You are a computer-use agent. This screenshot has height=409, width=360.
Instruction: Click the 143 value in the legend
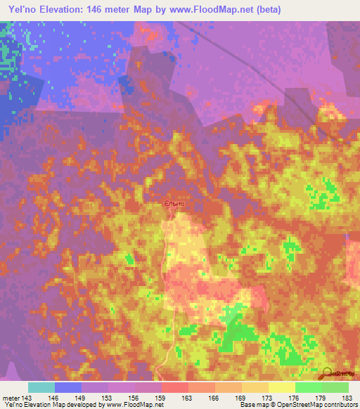[26, 398]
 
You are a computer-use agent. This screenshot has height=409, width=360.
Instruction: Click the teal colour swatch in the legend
[41, 387]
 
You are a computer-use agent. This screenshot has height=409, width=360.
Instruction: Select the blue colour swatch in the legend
[68, 387]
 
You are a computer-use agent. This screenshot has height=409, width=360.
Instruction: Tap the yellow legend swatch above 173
[255, 387]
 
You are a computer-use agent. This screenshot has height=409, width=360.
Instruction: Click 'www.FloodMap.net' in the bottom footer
[134, 405]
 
